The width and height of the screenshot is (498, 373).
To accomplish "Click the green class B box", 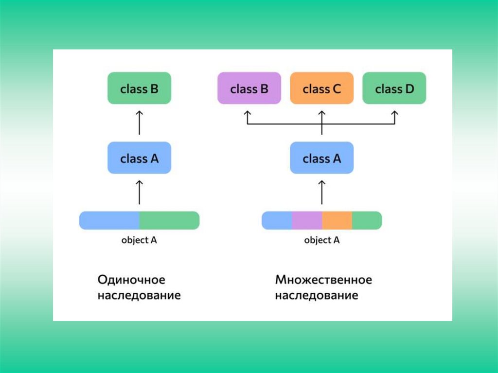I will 139,88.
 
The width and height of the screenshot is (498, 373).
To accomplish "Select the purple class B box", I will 249,88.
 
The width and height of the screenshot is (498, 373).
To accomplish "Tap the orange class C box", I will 321,88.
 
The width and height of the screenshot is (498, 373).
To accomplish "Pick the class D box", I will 394,88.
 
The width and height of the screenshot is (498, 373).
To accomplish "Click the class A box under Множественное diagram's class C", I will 321,158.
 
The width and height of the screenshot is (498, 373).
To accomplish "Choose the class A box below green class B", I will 139,158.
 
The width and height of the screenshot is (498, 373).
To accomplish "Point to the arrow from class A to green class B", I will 139,123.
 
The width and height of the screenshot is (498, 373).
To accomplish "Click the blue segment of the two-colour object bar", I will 109,220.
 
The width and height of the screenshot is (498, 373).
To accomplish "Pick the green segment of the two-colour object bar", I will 169,220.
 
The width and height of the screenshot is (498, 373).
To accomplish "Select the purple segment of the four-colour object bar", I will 307,220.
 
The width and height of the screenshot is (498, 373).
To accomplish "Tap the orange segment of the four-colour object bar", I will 337,220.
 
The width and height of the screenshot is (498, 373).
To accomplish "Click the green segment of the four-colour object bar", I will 367,220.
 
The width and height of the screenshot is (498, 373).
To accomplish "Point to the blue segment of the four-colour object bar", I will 277,220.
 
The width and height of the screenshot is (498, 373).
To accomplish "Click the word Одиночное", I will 131,280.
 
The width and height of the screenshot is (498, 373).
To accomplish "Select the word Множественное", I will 323,280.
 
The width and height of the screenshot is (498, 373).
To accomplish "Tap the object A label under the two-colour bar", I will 139,240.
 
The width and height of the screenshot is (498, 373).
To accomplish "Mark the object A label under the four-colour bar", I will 321,240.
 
